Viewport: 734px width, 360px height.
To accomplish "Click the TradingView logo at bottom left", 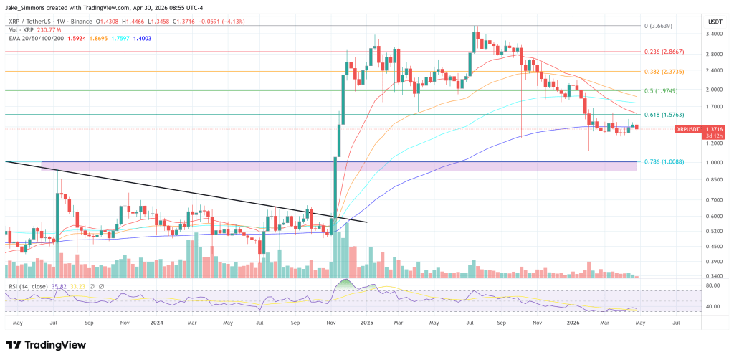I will (46, 344).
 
